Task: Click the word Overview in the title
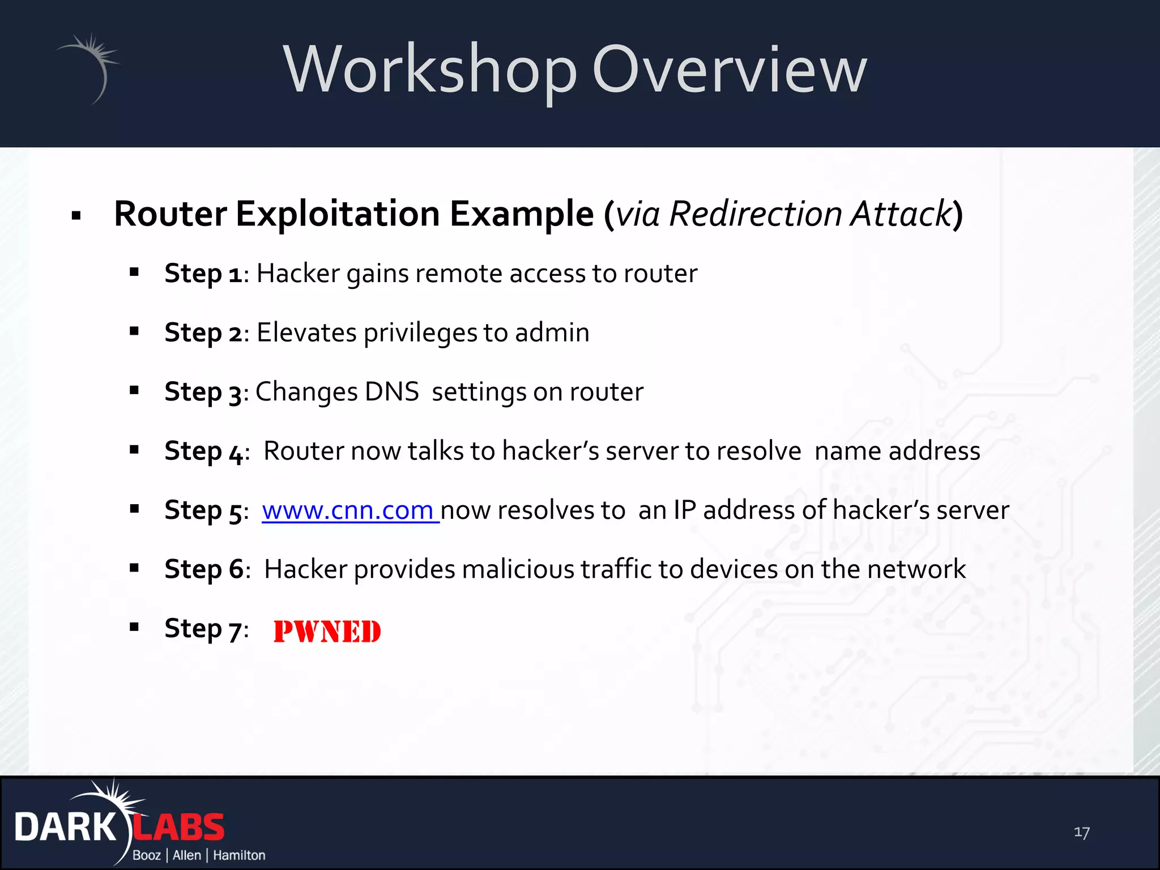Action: (x=730, y=70)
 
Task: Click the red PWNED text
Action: (x=327, y=632)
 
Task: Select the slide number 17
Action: (x=1081, y=832)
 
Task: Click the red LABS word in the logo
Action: (x=179, y=828)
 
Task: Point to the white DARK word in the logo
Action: (x=65, y=828)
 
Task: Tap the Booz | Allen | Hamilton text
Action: (x=199, y=855)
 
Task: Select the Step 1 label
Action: (x=203, y=274)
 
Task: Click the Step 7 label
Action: (x=203, y=629)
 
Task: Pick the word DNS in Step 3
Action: (x=391, y=392)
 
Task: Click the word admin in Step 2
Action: (x=552, y=332)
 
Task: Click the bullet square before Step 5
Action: (x=134, y=509)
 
